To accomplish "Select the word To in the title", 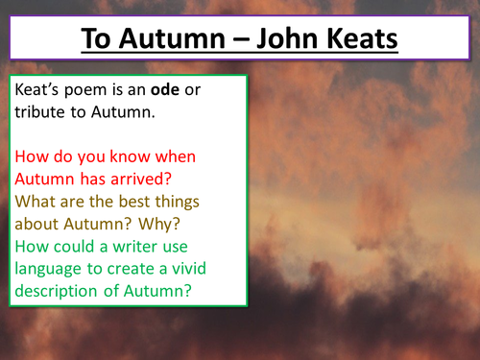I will click(98, 41).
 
